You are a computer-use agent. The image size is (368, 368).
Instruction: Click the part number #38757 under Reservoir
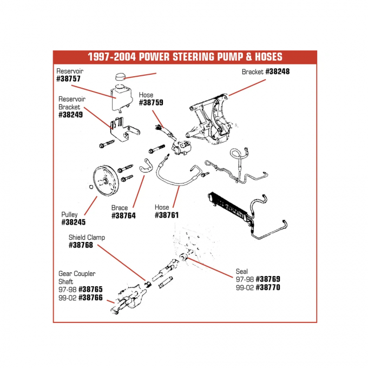click(x=70, y=79)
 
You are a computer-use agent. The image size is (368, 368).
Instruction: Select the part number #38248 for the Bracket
click(x=277, y=71)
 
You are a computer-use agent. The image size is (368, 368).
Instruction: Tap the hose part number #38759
click(x=151, y=102)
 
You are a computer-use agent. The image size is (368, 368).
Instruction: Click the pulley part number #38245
click(x=74, y=222)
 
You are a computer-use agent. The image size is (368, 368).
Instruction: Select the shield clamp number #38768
click(x=81, y=245)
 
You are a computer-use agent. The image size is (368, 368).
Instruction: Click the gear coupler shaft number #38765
click(x=90, y=290)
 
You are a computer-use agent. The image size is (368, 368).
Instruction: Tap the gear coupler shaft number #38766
click(x=90, y=298)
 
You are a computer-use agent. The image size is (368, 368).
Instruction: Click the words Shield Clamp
click(x=87, y=237)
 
